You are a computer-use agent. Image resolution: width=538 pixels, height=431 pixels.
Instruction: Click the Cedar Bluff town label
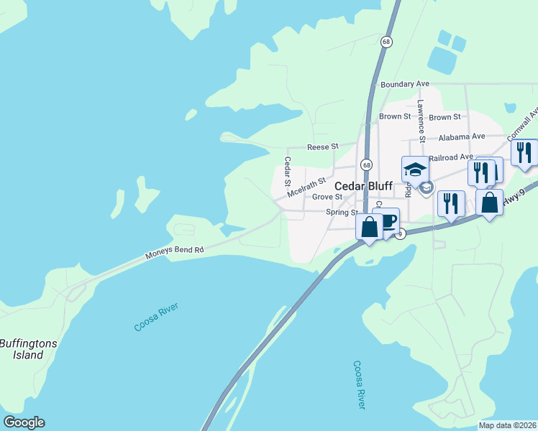tap(363, 185)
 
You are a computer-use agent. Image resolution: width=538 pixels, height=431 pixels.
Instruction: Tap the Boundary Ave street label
tap(404, 85)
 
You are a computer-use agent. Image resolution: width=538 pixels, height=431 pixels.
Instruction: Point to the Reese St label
tap(322, 147)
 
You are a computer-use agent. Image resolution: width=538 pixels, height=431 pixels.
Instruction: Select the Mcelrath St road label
tap(306, 189)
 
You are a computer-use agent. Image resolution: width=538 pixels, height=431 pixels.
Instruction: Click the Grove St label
tap(327, 197)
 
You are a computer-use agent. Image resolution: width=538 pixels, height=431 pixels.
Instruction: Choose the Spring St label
tap(342, 213)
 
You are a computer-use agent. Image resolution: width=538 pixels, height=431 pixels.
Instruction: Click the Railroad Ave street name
tap(451, 157)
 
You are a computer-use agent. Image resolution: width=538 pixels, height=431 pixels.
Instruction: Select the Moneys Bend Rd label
tap(175, 252)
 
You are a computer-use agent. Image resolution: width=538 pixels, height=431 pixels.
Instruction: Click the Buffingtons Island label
tap(28, 349)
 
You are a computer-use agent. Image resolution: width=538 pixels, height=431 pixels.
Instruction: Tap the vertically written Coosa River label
tap(358, 385)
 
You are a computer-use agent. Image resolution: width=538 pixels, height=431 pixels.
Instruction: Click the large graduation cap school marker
tap(415, 170)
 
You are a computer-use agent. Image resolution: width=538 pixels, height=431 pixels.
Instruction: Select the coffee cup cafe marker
tap(386, 221)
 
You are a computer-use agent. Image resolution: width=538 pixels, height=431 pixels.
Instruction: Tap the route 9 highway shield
tap(400, 233)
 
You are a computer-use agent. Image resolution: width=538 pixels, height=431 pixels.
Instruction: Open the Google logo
tap(24, 422)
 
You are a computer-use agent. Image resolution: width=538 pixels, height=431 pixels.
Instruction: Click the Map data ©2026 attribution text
tap(507, 425)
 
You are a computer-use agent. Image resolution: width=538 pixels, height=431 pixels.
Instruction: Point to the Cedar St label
tap(287, 174)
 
